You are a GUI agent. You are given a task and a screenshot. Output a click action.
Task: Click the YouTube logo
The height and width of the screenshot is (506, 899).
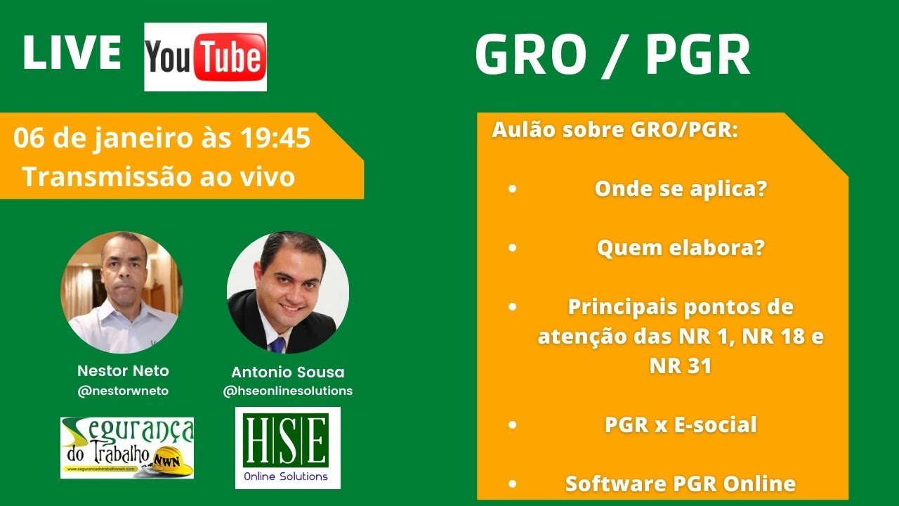tap(205, 57)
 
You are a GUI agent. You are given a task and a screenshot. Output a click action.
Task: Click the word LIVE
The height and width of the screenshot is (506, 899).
tap(72, 53)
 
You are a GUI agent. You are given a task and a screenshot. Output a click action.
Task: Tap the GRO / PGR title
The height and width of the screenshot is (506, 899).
tap(612, 56)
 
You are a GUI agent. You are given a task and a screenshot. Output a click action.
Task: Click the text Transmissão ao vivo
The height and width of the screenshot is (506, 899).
tap(159, 177)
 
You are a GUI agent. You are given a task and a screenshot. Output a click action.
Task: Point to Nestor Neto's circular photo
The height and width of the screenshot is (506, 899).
tap(122, 292)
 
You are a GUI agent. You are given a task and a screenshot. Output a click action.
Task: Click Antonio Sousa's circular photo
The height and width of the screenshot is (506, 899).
tap(287, 292)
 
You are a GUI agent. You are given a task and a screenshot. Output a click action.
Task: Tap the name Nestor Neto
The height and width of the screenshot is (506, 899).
tap(123, 370)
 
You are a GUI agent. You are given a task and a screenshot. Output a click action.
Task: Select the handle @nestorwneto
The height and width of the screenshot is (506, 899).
tap(123, 391)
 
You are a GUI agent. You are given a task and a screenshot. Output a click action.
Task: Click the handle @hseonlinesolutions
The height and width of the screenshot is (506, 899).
tap(287, 391)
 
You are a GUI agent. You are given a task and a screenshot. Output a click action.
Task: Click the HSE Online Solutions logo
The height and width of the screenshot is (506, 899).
tap(287, 448)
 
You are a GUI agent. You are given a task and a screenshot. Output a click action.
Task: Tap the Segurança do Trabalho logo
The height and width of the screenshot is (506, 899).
tap(126, 448)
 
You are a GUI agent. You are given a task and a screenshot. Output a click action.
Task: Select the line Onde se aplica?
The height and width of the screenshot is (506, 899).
tap(680, 189)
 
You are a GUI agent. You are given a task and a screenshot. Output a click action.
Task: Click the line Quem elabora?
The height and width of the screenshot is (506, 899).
tap(680, 248)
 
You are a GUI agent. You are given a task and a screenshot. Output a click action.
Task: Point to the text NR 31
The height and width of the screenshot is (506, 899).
tap(680, 365)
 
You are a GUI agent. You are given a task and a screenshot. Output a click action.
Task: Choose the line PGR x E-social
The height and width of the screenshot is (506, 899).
tap(680, 424)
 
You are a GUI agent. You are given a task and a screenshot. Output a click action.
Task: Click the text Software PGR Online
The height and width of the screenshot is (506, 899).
tap(680, 484)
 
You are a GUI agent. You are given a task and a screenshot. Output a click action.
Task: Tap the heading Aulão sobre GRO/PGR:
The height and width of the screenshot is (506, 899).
tap(615, 131)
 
